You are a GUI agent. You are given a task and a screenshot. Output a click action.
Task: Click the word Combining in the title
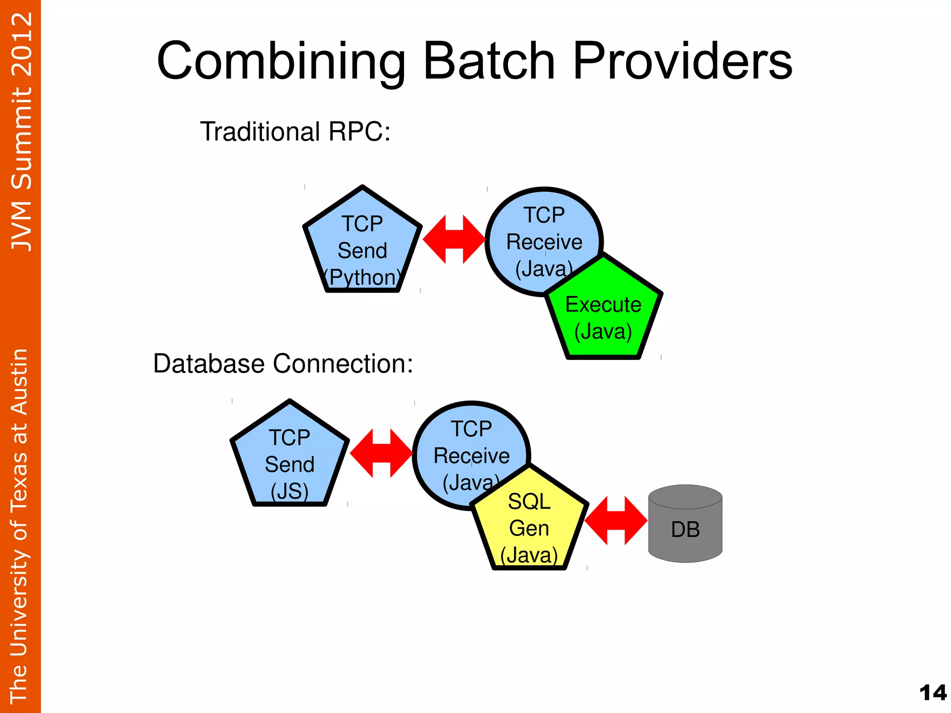coord(281,62)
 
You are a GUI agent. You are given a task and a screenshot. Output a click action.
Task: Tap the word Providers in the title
coord(683,62)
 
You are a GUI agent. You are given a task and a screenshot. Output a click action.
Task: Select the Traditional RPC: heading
coord(295,131)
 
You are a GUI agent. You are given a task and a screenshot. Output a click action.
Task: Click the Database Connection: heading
coord(283,363)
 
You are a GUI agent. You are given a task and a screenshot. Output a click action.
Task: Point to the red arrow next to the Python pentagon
coord(454,239)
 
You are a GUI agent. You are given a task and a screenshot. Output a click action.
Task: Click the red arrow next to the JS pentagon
coord(381,453)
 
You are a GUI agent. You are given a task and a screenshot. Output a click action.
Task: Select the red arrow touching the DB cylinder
coord(616,520)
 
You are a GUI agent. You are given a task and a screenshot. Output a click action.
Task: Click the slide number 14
coord(932,693)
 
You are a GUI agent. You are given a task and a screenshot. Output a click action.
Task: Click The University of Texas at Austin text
coord(20,525)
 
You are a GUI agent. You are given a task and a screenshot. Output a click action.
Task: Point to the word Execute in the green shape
coord(603,305)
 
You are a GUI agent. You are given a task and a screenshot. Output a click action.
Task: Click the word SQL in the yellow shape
coord(529,502)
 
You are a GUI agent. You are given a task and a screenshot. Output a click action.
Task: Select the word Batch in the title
coord(489,62)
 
